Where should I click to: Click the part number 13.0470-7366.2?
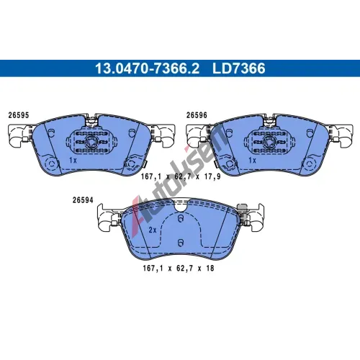coord(147,68)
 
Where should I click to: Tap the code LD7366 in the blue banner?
coord(239,68)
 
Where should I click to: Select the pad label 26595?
coord(19,115)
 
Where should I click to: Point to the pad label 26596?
coord(197,115)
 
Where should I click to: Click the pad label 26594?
coord(83,200)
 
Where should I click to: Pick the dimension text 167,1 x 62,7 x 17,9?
coord(181,176)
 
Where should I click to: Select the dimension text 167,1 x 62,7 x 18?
coord(179,268)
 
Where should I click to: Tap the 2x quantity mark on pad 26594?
coord(153,230)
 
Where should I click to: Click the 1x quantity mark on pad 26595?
coord(73,160)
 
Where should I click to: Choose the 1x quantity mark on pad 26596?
coord(252,160)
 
